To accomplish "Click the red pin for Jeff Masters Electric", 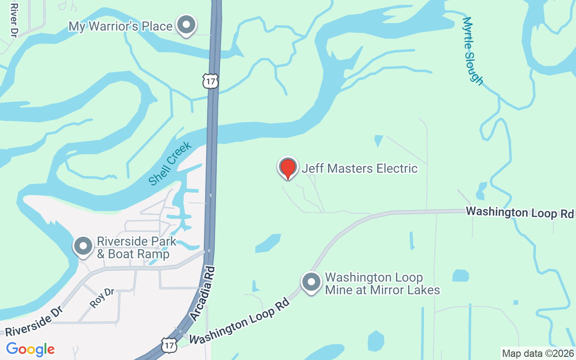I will [x=288, y=168].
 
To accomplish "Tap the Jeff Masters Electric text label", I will [x=360, y=168].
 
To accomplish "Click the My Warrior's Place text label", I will [x=121, y=26].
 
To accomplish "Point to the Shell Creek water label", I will [x=170, y=163].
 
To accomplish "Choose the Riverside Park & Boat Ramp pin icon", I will [x=83, y=246].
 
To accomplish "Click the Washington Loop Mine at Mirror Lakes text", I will [x=382, y=283].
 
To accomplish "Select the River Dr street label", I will [x=13, y=20].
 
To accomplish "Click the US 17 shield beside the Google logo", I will [x=168, y=346].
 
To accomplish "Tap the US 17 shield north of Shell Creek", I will [x=211, y=81].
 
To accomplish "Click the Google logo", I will [x=31, y=349].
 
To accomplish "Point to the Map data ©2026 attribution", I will [x=538, y=353].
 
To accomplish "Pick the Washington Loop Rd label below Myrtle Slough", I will [x=520, y=212].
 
